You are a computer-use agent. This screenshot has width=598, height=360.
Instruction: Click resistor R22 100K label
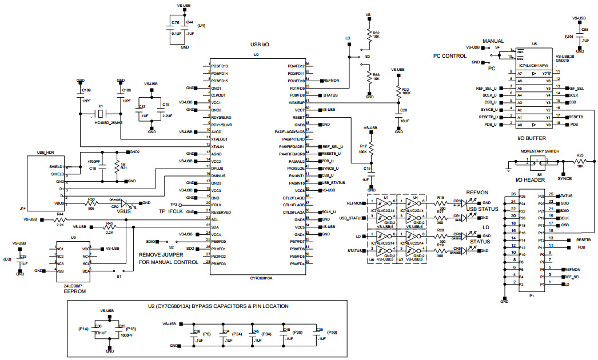coord(405,91)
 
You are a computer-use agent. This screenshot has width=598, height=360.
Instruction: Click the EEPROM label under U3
coord(73,291)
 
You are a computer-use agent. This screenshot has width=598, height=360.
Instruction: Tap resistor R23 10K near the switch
coord(579,162)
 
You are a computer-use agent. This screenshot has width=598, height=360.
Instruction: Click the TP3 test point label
coord(174,204)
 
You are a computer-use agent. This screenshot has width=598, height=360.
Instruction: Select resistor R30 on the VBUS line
coord(91,203)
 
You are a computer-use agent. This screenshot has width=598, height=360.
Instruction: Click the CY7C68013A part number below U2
coord(261,278)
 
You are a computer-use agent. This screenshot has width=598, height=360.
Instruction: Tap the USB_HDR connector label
coord(45,153)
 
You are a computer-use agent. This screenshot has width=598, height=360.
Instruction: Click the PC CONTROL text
coord(451,56)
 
